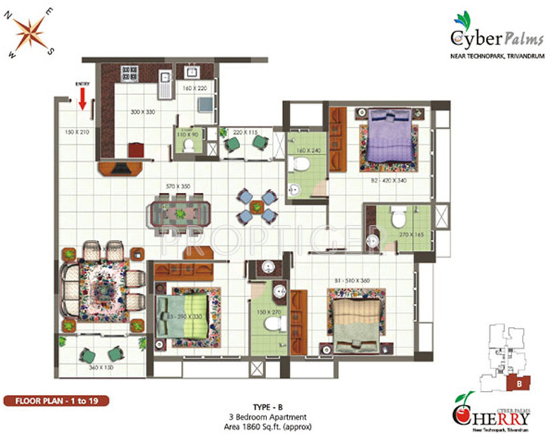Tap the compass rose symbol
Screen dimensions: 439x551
30,33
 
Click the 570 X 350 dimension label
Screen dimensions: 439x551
178,186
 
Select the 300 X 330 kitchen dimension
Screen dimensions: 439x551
143,111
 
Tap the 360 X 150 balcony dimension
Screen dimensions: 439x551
101,368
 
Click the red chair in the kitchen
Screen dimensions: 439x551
136,150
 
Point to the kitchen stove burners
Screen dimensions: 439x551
128,73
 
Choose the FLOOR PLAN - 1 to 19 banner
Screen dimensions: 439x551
55,401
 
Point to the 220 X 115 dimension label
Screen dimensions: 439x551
244,132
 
